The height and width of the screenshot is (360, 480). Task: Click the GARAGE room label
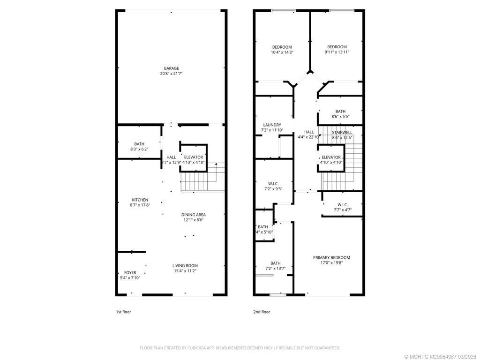pos(171,68)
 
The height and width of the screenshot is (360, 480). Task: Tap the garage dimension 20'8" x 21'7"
pos(171,74)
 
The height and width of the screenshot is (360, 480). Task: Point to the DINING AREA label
pos(194,215)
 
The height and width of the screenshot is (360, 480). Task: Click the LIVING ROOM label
pos(185,265)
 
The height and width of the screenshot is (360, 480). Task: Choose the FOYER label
pos(130,272)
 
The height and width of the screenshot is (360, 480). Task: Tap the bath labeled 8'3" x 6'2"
pos(139,144)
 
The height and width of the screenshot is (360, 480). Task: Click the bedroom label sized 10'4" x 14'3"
pos(282,47)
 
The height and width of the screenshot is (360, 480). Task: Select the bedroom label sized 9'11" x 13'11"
pos(337,47)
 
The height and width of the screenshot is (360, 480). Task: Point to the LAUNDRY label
pos(272,125)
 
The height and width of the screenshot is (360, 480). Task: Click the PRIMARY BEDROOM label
pos(331,258)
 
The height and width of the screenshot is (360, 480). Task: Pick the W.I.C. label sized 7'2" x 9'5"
pos(274,184)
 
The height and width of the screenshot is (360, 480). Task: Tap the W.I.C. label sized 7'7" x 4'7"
pos(342,204)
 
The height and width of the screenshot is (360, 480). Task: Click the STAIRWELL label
pos(342,133)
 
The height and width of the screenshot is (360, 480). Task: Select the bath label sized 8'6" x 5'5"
pos(340,112)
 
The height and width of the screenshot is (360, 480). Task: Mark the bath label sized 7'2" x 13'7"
pos(275,263)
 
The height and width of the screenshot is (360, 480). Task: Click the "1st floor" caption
pos(124,312)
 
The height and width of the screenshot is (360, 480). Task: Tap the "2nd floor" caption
pos(262,312)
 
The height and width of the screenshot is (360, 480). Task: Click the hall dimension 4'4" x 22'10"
pos(308,137)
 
